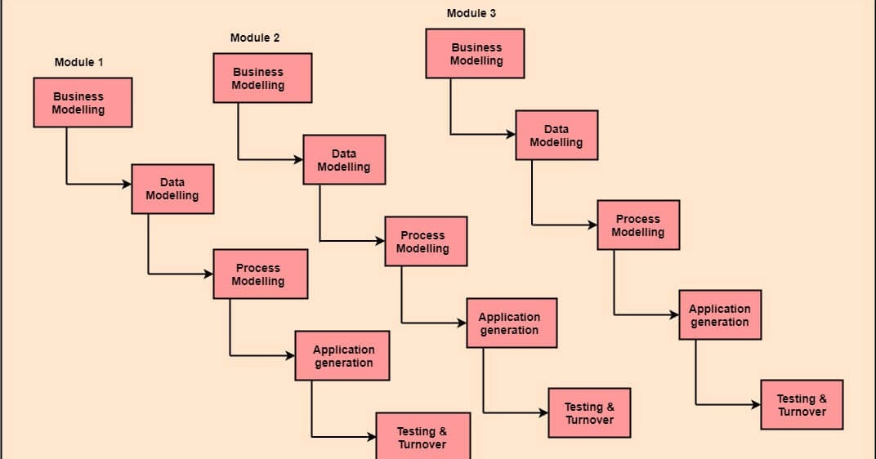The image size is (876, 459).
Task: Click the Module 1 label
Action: coord(78,62)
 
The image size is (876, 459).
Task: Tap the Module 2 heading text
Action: coord(255,38)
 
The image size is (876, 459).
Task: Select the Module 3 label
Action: coord(471,13)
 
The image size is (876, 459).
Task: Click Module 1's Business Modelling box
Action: coord(83,103)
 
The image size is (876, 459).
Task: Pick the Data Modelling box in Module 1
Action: coord(172,189)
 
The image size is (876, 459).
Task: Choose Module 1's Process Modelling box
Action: coord(260,274)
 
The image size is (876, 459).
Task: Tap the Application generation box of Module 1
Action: coord(342,356)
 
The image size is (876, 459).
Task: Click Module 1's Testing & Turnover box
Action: coord(422,437)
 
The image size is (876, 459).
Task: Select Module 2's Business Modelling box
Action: coord(262,78)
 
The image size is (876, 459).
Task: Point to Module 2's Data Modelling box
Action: coord(344,160)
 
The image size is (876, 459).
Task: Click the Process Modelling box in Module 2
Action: coord(426,242)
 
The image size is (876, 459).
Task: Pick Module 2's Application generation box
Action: coord(512,323)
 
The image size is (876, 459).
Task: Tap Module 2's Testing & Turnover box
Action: coord(589,413)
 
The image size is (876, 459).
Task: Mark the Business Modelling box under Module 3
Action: coord(475,54)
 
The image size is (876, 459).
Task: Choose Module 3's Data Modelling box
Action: coord(556,136)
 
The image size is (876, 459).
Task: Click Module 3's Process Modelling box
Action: coord(638,225)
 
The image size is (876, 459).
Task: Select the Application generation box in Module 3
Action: coord(720,315)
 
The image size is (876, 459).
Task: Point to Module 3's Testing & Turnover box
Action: coord(802,405)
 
